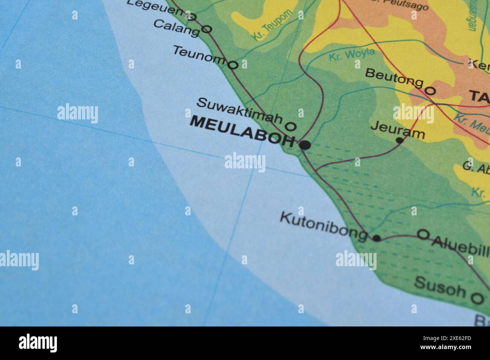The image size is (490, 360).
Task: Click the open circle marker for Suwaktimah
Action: click(291, 126)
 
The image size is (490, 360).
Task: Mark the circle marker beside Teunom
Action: click(233, 65)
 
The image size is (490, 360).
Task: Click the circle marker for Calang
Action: click(207, 29)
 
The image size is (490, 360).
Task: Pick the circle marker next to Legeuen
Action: click(191, 17)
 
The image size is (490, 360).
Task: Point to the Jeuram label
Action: click(398, 129)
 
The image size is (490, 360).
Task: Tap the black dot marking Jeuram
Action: click(400, 140)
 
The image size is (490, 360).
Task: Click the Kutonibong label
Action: click(323, 225)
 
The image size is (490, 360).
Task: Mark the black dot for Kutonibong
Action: click(376, 238)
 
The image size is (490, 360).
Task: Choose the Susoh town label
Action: click(440, 287)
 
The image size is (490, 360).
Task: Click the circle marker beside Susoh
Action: click(477, 298)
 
